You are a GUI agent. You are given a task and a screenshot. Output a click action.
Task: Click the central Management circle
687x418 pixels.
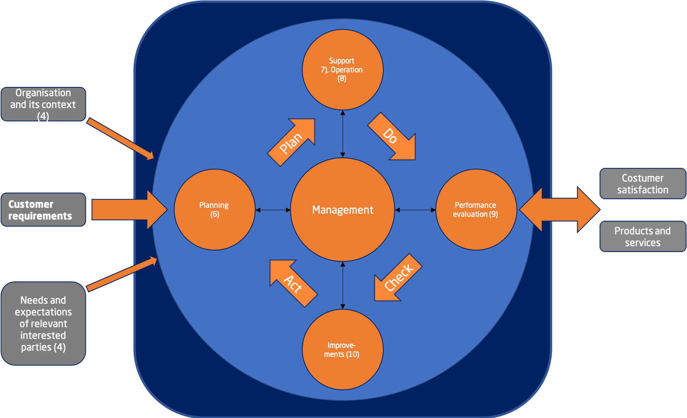pos(343,210)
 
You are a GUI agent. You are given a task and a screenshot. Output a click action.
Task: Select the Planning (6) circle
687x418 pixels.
pos(214,210)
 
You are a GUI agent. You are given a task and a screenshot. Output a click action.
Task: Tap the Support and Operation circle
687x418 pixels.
pos(343,70)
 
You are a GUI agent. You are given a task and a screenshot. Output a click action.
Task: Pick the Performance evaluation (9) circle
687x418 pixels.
pos(476,210)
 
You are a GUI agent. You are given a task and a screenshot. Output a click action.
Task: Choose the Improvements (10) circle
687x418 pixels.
pos(343,350)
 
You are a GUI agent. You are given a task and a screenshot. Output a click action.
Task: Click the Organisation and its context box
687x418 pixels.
pos(43,104)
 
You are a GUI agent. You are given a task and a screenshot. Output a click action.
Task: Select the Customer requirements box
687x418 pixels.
pos(43,210)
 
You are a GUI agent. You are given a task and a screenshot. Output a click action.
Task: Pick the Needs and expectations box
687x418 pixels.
pos(43,324)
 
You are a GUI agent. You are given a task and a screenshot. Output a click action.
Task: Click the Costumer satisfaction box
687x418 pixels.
pos(642,184)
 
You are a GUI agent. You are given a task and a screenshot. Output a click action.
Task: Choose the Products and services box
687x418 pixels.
pos(642,236)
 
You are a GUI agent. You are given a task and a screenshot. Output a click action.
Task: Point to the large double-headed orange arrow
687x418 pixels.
pos(559,210)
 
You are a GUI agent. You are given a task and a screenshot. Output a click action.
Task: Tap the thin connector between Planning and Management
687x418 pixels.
pos(273,210)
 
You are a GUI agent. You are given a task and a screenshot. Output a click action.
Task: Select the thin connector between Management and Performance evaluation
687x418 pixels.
pos(415,210)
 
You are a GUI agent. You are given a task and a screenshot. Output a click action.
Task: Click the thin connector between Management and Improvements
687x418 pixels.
pos(343,285)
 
